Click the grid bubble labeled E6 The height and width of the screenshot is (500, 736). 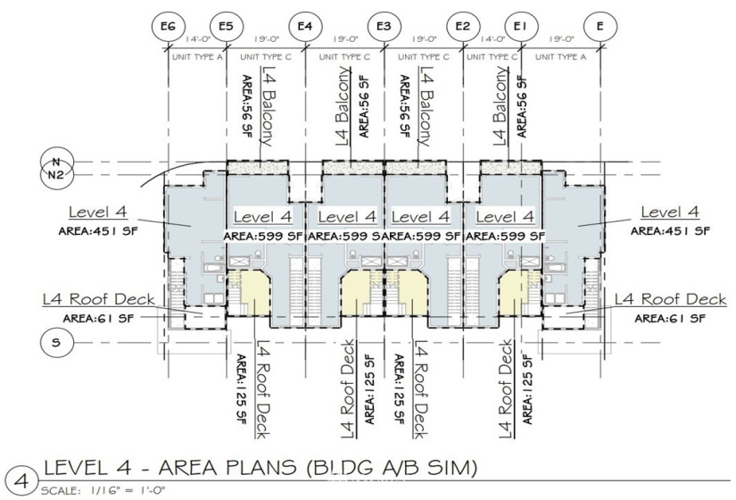click(x=168, y=26)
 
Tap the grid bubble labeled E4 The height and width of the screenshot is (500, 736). click(x=305, y=26)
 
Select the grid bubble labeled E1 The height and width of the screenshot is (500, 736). click(x=520, y=26)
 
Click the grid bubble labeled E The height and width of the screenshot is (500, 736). click(x=600, y=26)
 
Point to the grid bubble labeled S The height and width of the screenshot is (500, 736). click(x=56, y=342)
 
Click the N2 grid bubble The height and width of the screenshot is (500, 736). click(x=56, y=175)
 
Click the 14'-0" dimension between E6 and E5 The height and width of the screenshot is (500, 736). click(x=197, y=39)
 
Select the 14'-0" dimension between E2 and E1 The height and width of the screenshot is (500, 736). click(x=492, y=39)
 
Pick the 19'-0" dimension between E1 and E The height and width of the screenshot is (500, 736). click(x=560, y=39)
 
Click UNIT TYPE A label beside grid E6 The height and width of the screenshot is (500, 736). click(x=197, y=57)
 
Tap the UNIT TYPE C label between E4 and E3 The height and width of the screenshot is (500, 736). click(x=344, y=57)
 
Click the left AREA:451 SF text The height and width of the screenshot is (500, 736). click(x=98, y=231)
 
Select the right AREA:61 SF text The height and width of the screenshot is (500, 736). click(x=670, y=319)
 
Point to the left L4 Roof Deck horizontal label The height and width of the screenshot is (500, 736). click(x=98, y=299)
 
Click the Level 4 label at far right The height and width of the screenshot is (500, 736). click(x=670, y=212)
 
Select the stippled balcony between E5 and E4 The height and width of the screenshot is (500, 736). click(x=258, y=167)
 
